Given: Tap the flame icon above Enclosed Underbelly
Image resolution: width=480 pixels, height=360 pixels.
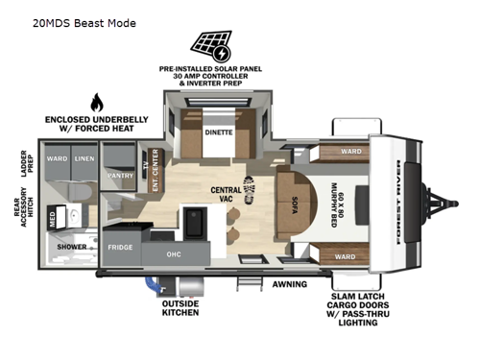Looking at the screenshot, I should (x=96, y=103).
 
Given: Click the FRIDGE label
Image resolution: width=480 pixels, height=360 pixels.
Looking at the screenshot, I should (x=121, y=247).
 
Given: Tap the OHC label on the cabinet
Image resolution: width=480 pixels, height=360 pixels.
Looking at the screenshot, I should (x=174, y=254).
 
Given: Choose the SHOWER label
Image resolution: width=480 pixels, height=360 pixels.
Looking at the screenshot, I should (x=72, y=247).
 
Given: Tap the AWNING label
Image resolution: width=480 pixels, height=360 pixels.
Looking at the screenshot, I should (x=289, y=284).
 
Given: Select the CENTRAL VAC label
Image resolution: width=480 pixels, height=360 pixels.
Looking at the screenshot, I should (x=227, y=195).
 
